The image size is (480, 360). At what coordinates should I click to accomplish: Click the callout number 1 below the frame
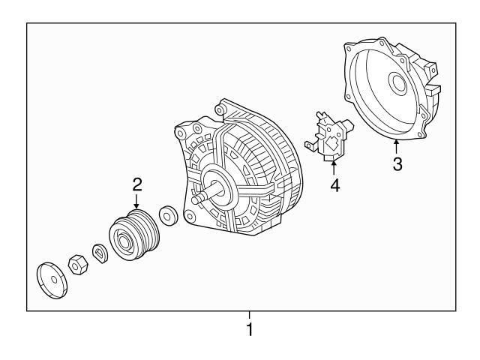point(250,329)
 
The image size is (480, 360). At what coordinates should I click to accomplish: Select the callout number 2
point(136,183)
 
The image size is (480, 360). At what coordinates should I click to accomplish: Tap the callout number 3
point(397,164)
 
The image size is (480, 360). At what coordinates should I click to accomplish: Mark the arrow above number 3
point(397,145)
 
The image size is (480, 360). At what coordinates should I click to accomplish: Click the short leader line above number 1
point(250,315)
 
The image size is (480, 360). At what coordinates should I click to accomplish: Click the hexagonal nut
point(76,265)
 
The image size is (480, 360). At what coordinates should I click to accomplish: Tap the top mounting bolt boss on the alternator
point(221,108)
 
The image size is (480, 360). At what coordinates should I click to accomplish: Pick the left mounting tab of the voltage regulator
point(308,140)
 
